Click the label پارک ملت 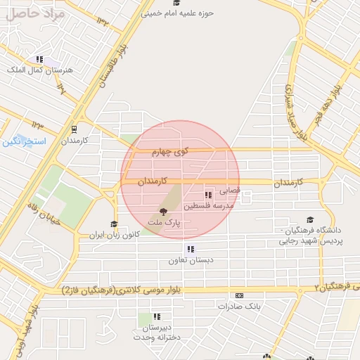coord(164,222)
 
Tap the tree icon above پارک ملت coord(164,211)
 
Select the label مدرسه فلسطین coord(207,207)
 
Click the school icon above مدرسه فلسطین coord(207,195)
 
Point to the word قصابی coord(231,190)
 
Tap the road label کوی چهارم coord(172,151)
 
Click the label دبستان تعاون coord(190,261)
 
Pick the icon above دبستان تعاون coord(190,249)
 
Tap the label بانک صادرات coord(239,307)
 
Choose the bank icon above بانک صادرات coord(239,296)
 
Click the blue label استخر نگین coord(23,142)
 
